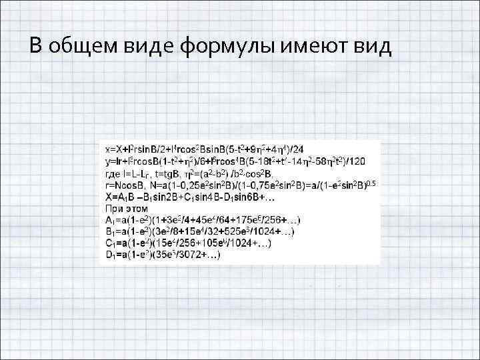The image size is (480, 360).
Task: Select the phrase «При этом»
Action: [x=122, y=208]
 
